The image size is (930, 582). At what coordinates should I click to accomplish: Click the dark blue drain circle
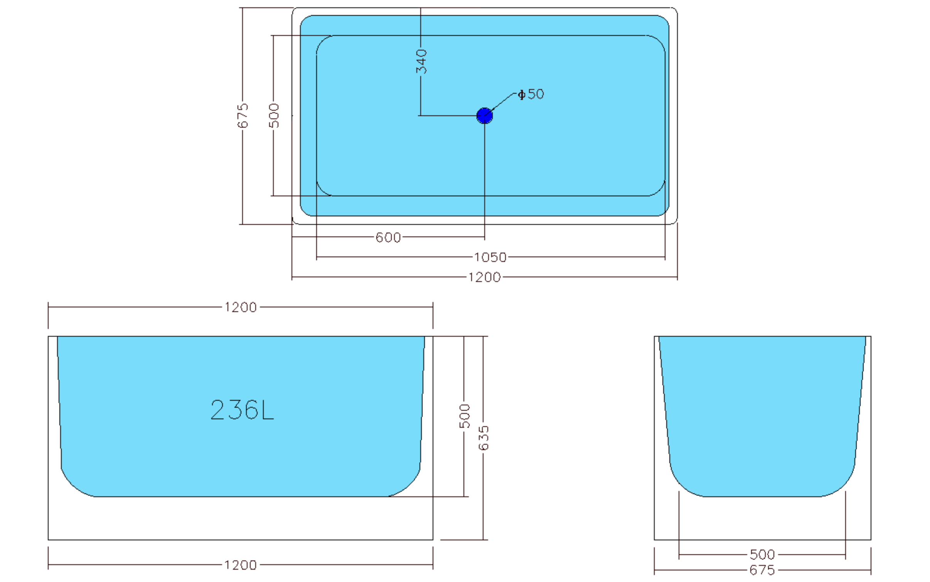(484, 116)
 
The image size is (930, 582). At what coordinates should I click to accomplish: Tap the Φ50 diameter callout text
(531, 94)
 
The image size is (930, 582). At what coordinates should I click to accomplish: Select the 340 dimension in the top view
(421, 61)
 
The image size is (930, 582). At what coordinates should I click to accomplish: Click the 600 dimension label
(388, 238)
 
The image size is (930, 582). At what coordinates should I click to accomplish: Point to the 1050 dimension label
(490, 257)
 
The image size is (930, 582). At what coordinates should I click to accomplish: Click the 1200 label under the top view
(484, 277)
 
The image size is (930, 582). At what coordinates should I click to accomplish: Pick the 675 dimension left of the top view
(243, 115)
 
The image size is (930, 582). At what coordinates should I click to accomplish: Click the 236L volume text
(242, 410)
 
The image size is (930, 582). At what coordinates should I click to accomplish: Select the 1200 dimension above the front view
(241, 307)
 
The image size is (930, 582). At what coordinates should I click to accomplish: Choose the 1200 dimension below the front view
(241, 565)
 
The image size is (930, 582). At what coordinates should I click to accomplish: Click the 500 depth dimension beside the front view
(465, 416)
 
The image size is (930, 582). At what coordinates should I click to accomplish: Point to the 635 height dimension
(484, 438)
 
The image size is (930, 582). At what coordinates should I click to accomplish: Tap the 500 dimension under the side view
(762, 555)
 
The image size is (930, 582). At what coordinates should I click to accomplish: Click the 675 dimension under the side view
(762, 570)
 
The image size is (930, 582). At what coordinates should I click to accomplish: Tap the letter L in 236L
(268, 410)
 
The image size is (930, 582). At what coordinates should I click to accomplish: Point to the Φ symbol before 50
(521, 94)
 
